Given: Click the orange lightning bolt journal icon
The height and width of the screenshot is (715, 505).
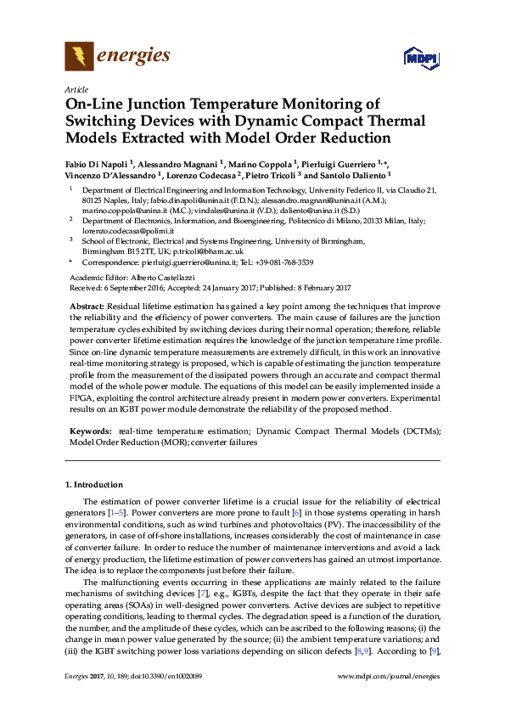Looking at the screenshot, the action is [x=79, y=56].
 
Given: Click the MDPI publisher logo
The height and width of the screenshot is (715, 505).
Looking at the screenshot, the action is [x=422, y=59].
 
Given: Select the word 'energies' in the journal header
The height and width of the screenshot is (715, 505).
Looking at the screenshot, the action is [x=134, y=56].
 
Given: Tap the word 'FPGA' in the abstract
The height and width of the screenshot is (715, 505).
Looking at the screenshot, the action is [x=79, y=397].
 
